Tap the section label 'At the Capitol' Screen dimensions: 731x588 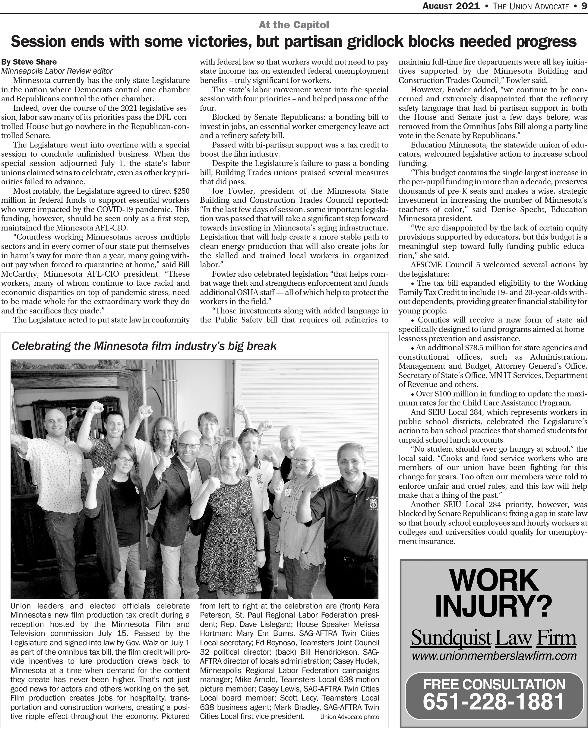[294, 25]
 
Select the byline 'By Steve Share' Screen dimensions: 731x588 [29, 62]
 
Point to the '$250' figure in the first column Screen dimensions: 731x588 [181, 191]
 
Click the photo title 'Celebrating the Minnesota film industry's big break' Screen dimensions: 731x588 [144, 346]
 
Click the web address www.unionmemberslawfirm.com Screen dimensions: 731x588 [494, 656]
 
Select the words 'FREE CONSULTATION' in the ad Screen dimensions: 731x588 [494, 684]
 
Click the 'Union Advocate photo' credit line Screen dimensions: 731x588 [350, 717]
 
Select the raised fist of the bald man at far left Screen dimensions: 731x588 [97, 406]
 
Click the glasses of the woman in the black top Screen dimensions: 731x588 [126, 460]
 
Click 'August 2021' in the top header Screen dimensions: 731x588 [451, 6]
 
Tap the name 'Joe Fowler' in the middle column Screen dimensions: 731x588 [227, 191]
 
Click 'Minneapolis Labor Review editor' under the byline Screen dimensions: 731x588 [57, 71]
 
